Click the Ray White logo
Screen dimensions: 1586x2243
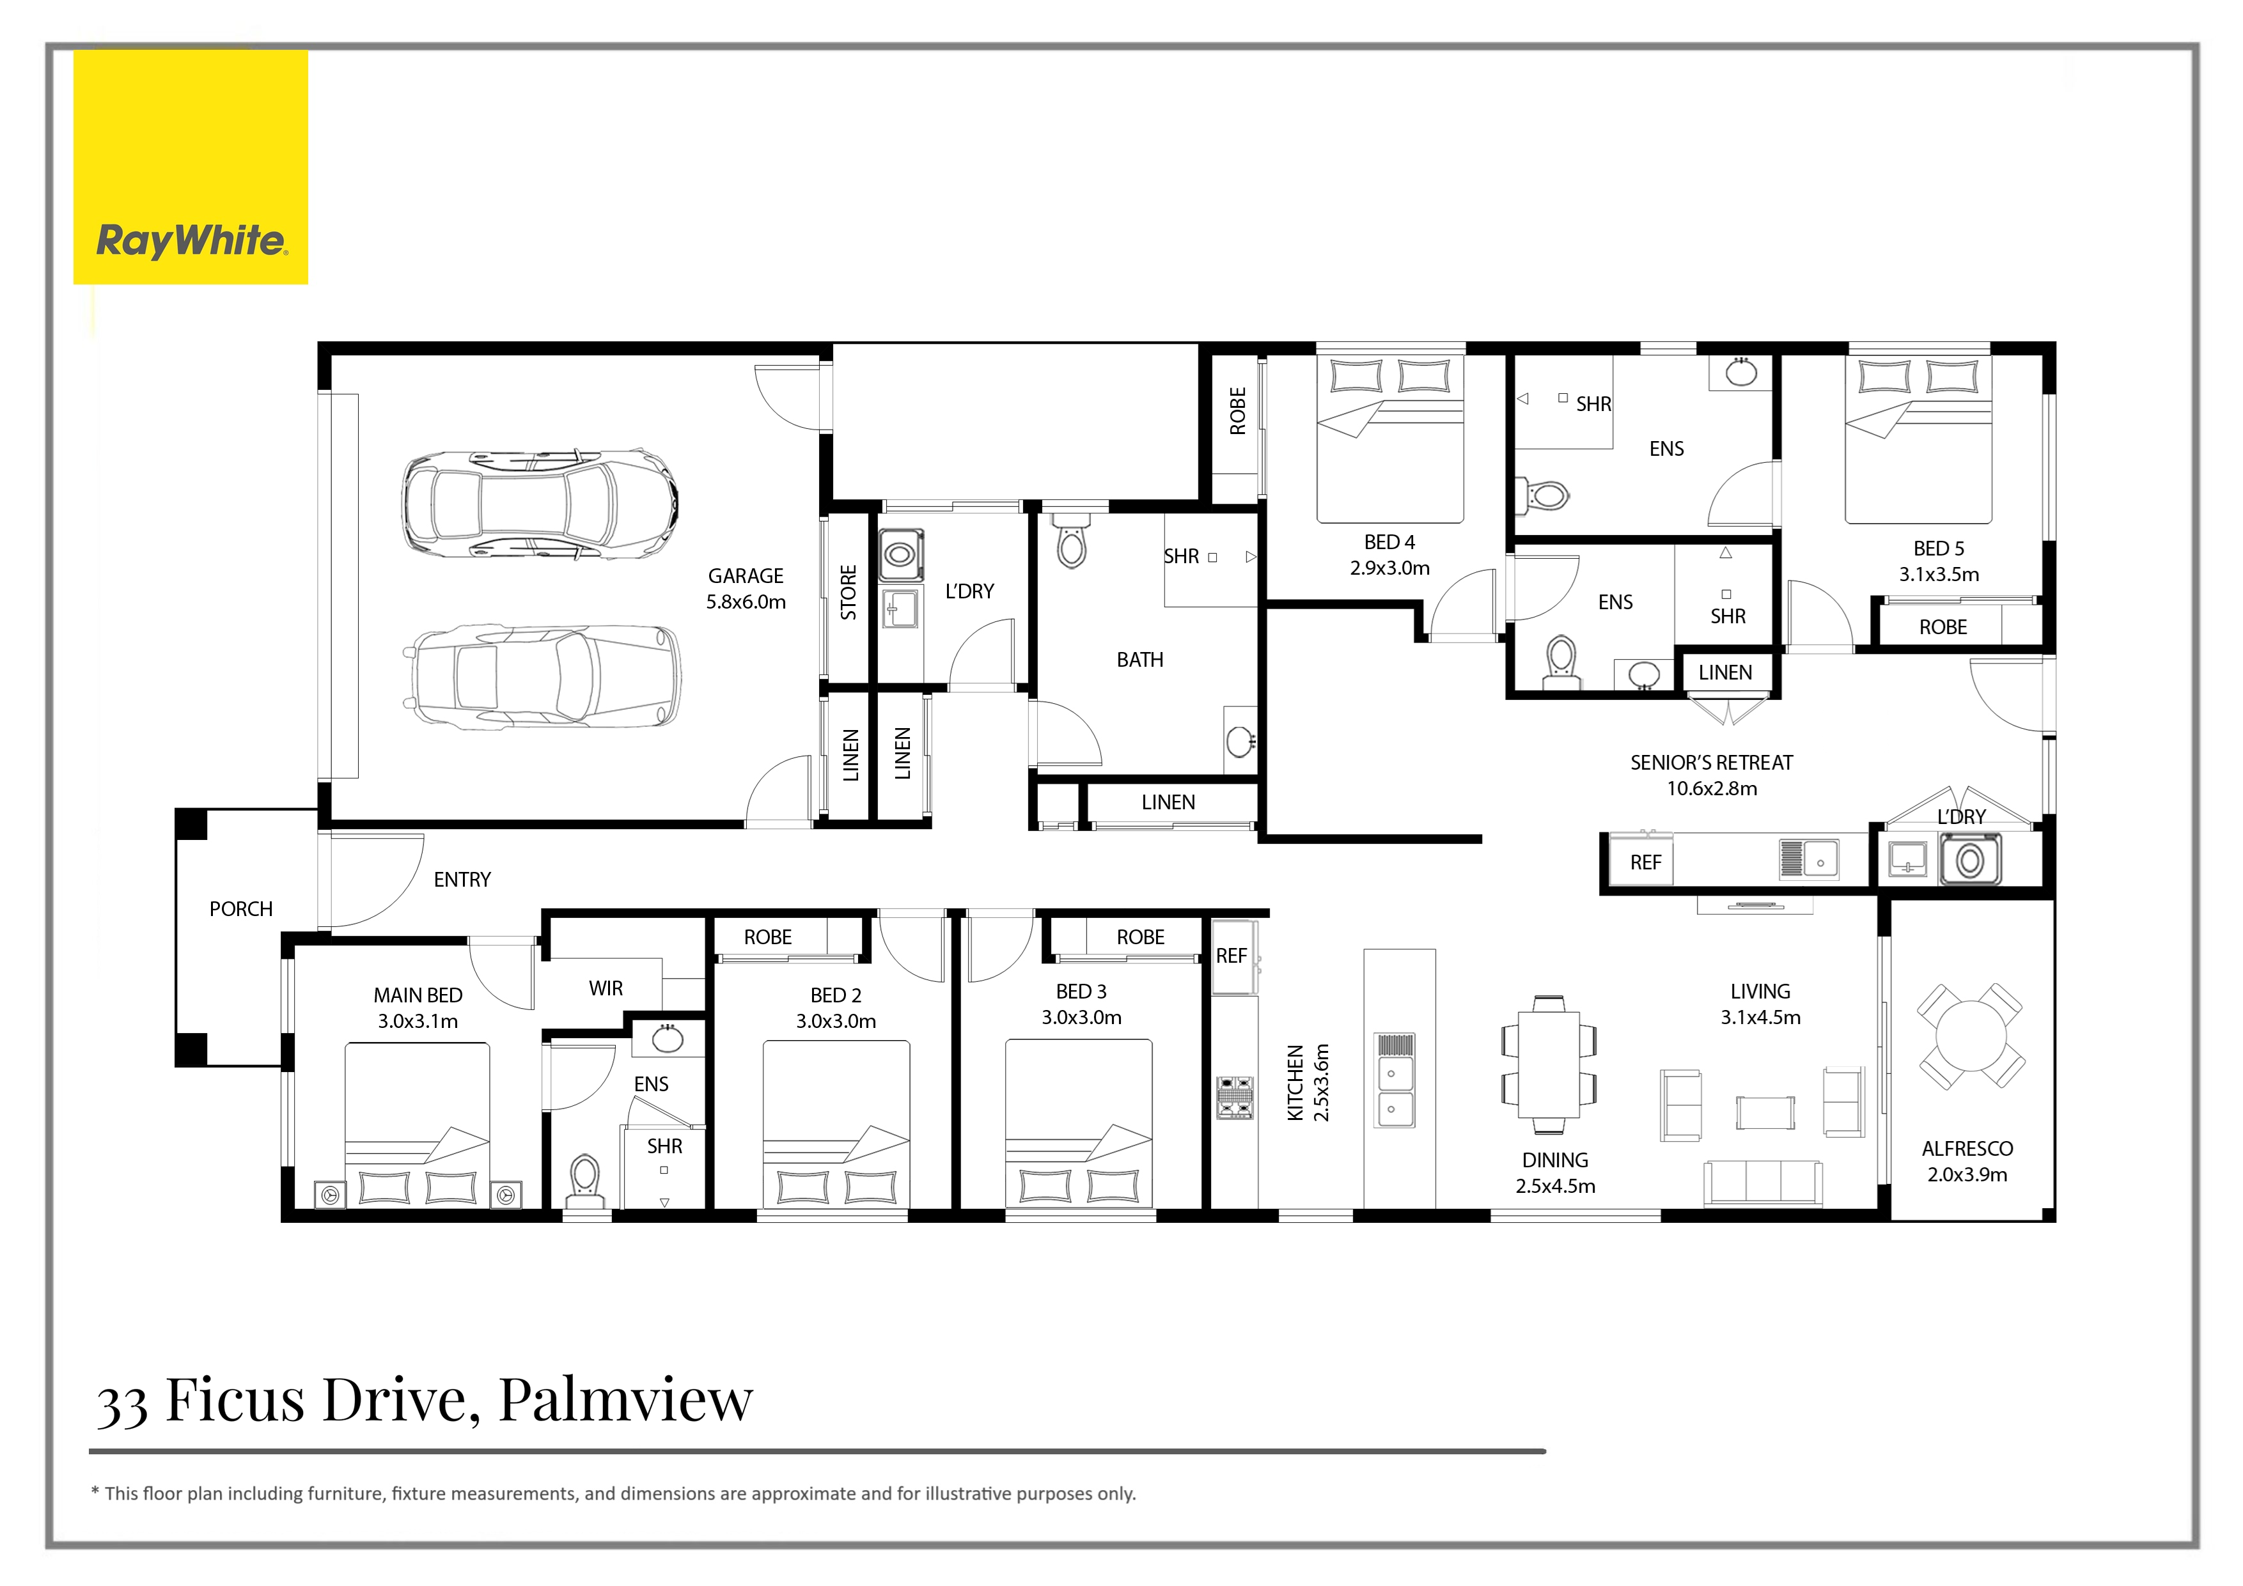pyautogui.click(x=191, y=167)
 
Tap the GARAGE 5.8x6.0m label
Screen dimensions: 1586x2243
pyautogui.click(x=746, y=589)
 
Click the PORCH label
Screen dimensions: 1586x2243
pyautogui.click(x=240, y=909)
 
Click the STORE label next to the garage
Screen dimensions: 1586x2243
pyautogui.click(x=848, y=592)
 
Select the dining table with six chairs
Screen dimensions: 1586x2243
pyautogui.click(x=1549, y=1064)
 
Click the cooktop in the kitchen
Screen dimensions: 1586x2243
pyautogui.click(x=1235, y=1097)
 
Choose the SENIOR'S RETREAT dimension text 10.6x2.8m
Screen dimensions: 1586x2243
pyautogui.click(x=1712, y=789)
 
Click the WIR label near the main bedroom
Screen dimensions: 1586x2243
pyautogui.click(x=606, y=988)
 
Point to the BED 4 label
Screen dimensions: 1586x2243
pyautogui.click(x=1389, y=542)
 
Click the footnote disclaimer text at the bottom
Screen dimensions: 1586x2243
pyautogui.click(x=614, y=1493)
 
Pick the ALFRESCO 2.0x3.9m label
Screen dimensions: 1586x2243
pyautogui.click(x=1967, y=1161)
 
